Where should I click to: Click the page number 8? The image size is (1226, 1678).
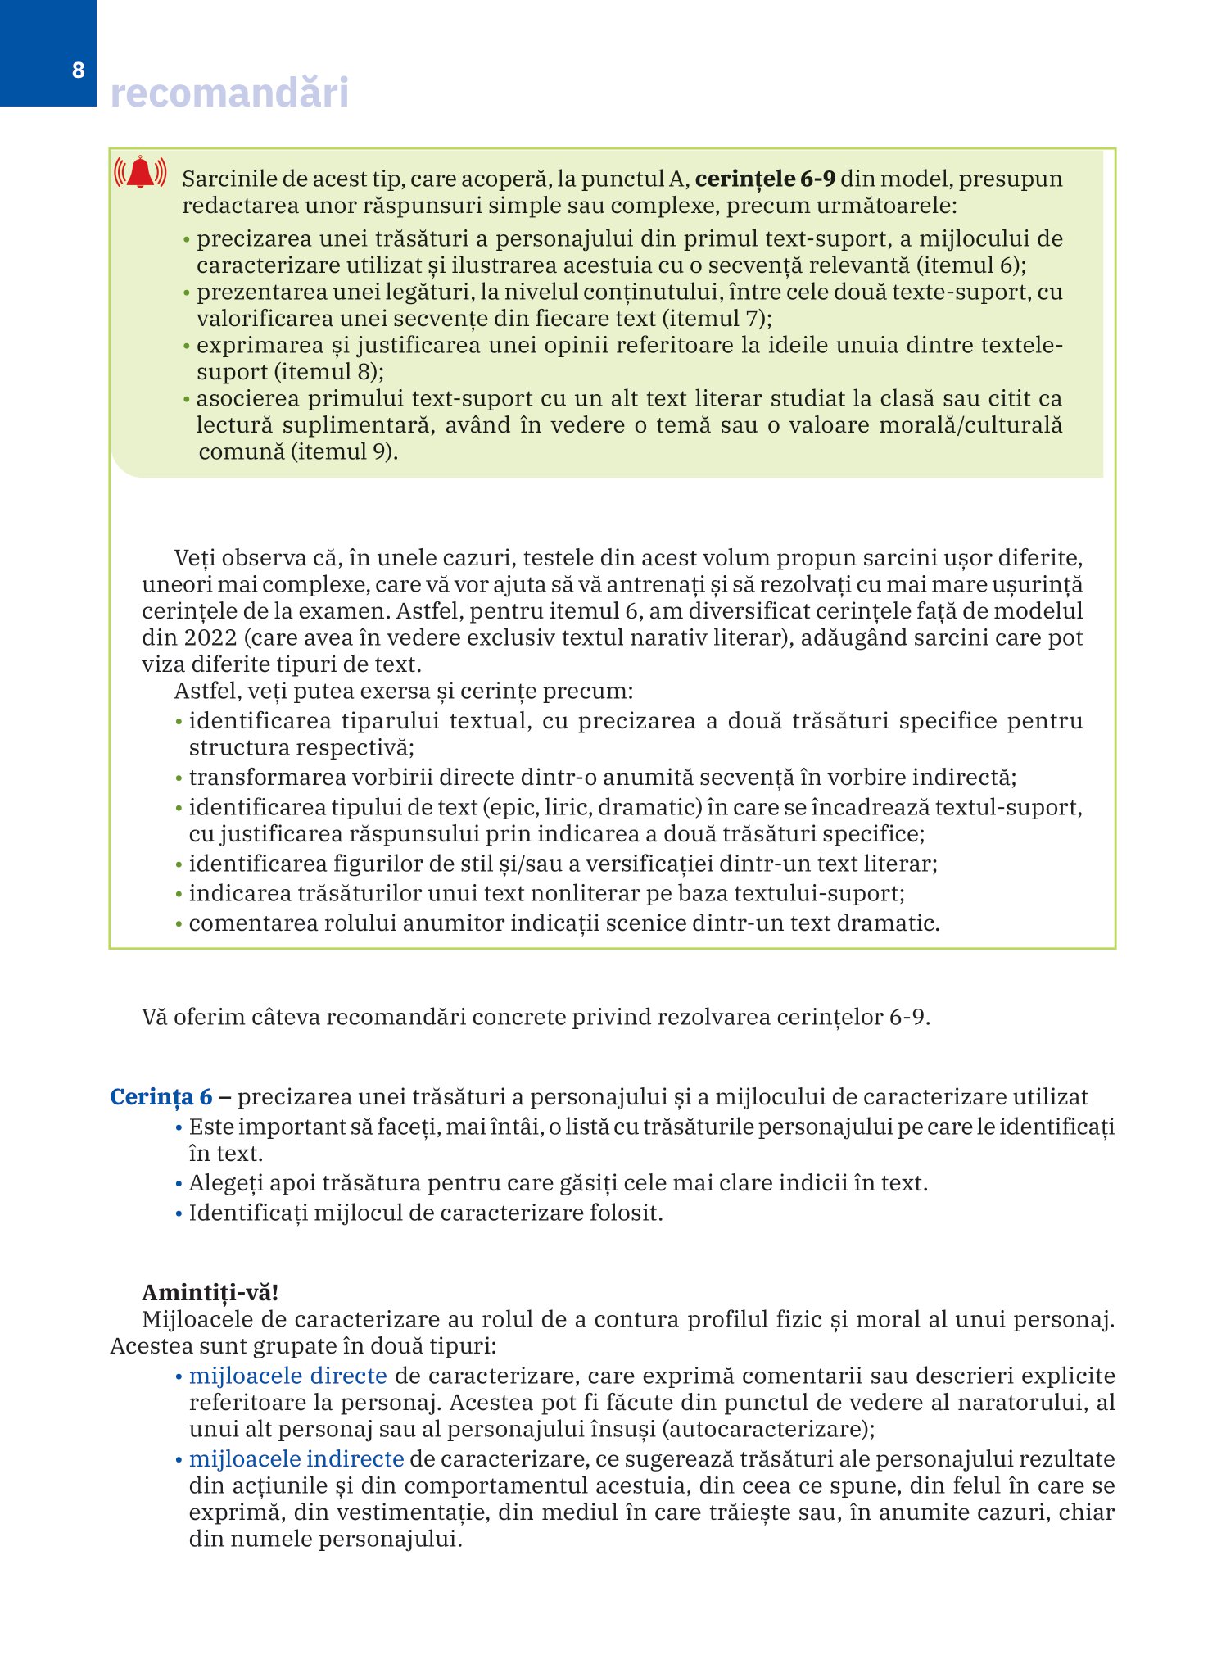click(x=78, y=70)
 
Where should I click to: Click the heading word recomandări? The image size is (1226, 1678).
click(x=229, y=93)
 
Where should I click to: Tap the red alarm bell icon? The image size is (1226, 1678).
click(x=140, y=172)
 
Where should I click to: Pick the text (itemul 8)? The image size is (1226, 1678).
click(x=328, y=372)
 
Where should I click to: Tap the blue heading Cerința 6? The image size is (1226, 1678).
click(x=161, y=1097)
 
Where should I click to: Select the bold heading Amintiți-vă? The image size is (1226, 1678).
click(x=210, y=1292)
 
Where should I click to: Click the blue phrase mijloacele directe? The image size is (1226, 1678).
click(x=288, y=1376)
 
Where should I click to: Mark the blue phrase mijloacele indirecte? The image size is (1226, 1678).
click(x=296, y=1459)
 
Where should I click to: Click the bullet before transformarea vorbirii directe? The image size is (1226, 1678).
click(x=179, y=778)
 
